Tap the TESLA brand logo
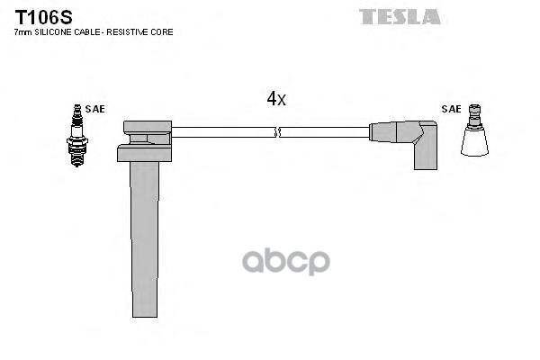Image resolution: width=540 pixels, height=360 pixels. (x=400, y=16)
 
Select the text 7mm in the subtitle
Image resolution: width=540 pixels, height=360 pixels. (x=22, y=31)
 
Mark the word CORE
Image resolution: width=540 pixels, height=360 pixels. (x=164, y=31)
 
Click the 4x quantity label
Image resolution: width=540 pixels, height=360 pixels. (x=275, y=99)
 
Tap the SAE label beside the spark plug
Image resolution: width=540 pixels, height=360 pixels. (x=94, y=109)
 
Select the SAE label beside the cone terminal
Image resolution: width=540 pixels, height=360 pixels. (x=451, y=109)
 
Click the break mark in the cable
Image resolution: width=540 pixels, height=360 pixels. (x=277, y=132)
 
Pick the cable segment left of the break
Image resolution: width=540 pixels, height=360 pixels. (x=220, y=132)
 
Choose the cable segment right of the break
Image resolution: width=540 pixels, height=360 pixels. (x=324, y=132)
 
